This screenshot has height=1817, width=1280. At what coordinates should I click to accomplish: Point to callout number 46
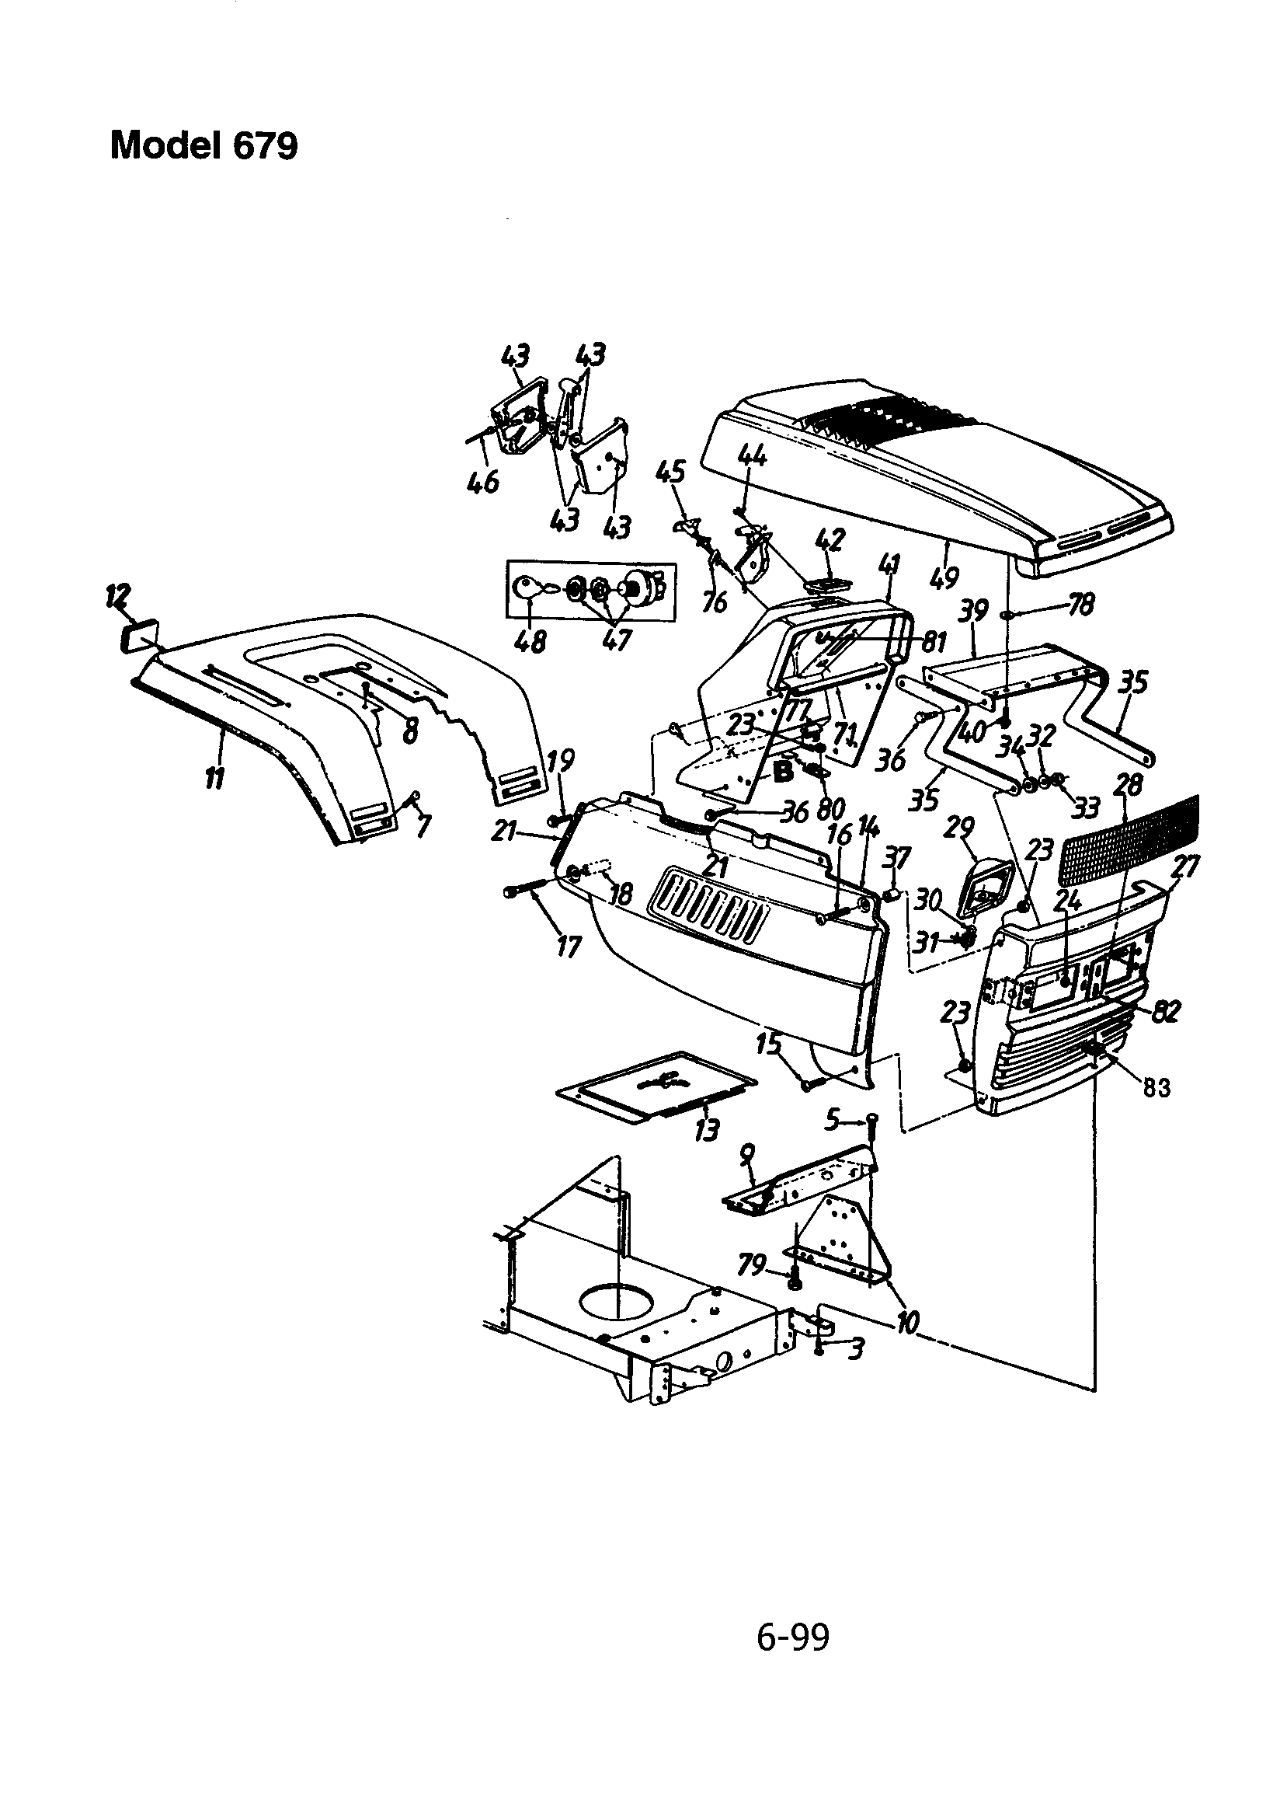click(x=482, y=480)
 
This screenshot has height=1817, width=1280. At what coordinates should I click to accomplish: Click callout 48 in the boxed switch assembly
click(x=529, y=640)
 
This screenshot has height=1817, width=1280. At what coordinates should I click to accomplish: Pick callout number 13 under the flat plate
click(x=707, y=1129)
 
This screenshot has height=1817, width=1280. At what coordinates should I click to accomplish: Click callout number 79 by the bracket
click(x=752, y=1266)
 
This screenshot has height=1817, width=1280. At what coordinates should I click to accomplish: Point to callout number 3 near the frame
click(x=854, y=1348)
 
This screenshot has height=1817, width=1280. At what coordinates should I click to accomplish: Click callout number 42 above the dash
click(x=828, y=539)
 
